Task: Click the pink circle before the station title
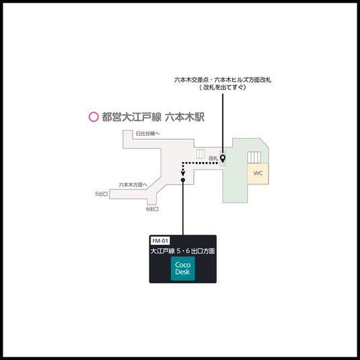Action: coord(94,116)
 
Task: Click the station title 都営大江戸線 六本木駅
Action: coord(153,116)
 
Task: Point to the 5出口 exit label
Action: coord(101,194)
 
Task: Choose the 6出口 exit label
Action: coord(152,209)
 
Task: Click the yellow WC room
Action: coord(258,173)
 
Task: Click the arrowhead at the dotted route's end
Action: coord(183,180)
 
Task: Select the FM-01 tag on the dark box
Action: coord(160,240)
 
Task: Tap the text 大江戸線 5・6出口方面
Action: coord(183,251)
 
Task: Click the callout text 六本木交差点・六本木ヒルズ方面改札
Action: coord(223,80)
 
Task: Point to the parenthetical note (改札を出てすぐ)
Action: coord(223,87)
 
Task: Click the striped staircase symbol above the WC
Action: coord(254,156)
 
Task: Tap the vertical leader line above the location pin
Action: coord(223,121)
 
